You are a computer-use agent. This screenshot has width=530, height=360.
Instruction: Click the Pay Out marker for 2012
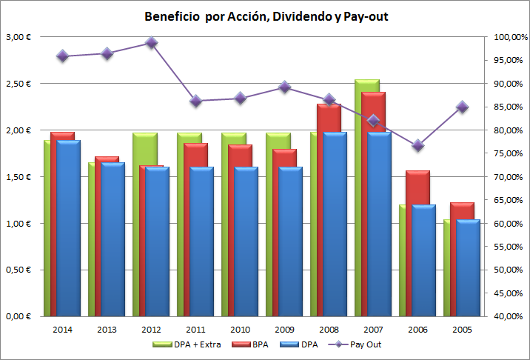pyautogui.click(x=151, y=43)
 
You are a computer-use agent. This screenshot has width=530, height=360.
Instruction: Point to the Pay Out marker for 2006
pyautogui.click(x=417, y=145)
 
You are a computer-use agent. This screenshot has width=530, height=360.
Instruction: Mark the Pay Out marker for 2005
pyautogui.click(x=462, y=107)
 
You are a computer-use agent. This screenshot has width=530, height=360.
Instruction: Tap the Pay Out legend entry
pyautogui.click(x=358, y=344)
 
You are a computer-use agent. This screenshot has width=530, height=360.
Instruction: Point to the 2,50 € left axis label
pyautogui.click(x=18, y=84)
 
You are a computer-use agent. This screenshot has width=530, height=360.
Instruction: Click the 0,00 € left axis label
pyautogui.click(x=18, y=316)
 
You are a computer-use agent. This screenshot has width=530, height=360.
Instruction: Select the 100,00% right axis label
pyautogui.click(x=507, y=37)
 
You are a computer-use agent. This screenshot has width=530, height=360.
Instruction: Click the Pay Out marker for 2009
pyautogui.click(x=284, y=87)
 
